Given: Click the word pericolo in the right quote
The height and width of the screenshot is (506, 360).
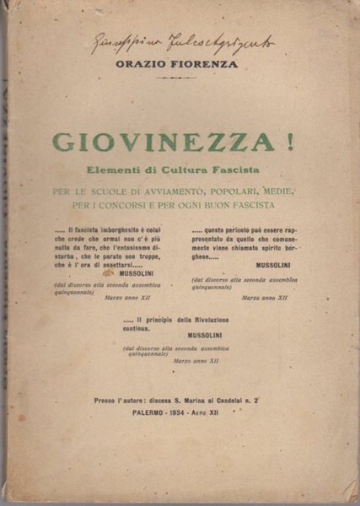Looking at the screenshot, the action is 238,230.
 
